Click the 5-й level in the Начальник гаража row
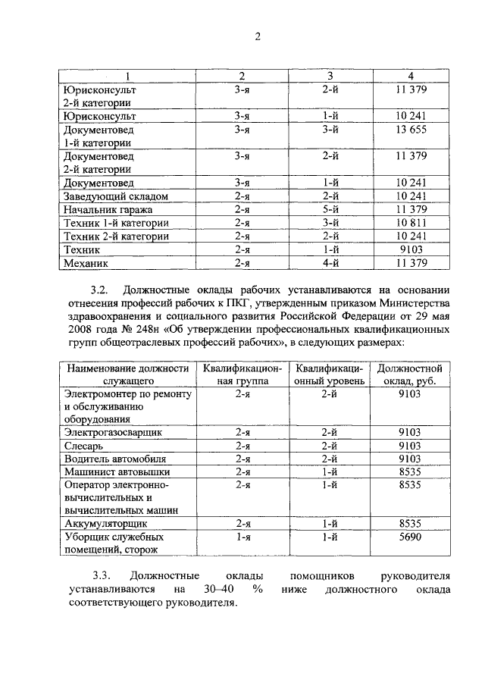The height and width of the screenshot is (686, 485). [329, 210]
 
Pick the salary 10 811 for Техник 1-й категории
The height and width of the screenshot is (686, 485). [410, 223]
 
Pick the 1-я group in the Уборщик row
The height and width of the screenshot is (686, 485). [242, 537]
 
